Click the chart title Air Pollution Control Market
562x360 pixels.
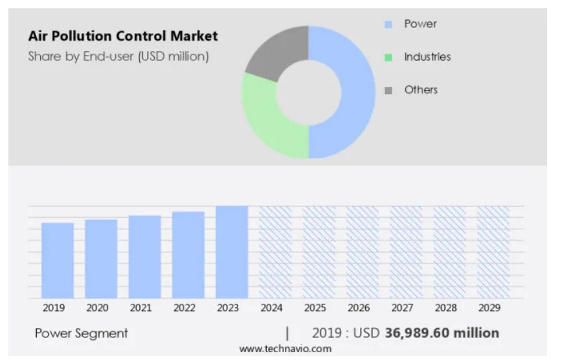[x=123, y=36]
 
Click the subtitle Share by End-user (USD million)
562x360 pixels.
[x=118, y=56]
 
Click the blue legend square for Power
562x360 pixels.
[x=388, y=25]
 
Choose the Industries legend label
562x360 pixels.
[x=427, y=57]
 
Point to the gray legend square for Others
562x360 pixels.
[x=388, y=91]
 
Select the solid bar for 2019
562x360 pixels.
[x=58, y=260]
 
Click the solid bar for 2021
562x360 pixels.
[x=144, y=256]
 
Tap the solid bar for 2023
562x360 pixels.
[x=232, y=252]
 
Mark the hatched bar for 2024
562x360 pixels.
[x=275, y=252]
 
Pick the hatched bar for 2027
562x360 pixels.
[x=406, y=252]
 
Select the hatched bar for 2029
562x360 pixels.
[x=493, y=252]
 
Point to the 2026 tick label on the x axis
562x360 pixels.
[x=359, y=308]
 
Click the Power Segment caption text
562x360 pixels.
[x=81, y=333]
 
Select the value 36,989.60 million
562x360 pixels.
[x=442, y=333]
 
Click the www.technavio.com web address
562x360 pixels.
[x=285, y=349]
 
